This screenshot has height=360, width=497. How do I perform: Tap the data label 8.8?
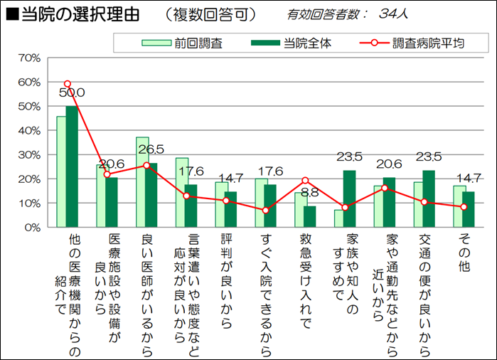[309, 192]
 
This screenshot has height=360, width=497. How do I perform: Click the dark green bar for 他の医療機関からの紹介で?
[72, 167]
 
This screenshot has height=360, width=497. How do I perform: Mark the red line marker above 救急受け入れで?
[304, 181]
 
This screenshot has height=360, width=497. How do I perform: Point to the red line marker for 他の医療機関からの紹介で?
[68, 84]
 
